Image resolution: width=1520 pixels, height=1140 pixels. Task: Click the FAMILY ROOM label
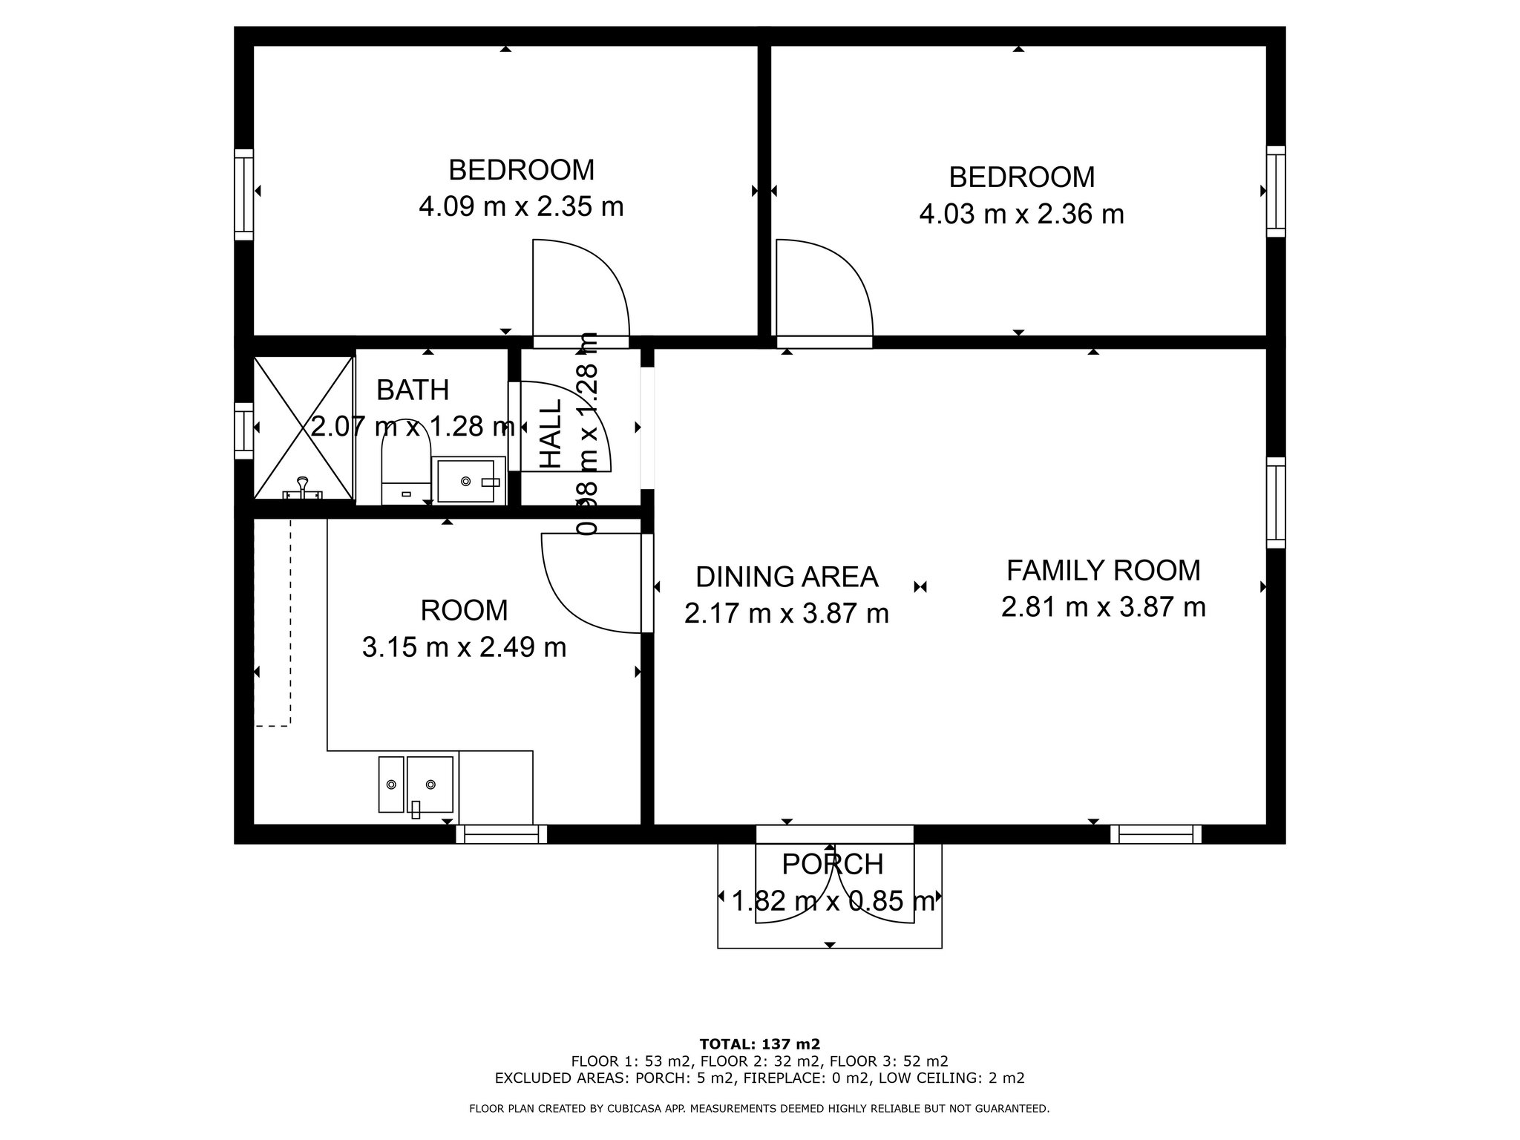tap(1103, 571)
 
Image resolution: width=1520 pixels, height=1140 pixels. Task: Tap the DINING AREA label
tap(787, 577)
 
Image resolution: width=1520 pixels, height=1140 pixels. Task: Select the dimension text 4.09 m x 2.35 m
tap(521, 206)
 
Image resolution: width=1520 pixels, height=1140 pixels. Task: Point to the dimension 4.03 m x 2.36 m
tap(1022, 214)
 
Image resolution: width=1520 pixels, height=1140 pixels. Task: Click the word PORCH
tap(833, 865)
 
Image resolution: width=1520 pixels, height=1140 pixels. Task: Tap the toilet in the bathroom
tap(406, 462)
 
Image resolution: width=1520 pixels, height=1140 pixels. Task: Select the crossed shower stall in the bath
tap(303, 427)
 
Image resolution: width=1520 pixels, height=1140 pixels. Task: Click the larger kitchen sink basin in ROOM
tap(430, 784)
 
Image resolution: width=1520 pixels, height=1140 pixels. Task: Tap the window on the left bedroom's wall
tap(244, 194)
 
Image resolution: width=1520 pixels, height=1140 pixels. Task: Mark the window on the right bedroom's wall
tap(1276, 191)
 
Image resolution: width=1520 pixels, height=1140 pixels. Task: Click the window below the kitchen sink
tap(502, 834)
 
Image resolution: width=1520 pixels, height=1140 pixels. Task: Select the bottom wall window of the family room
tap(1156, 834)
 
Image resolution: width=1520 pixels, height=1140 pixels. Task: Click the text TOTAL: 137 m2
tap(760, 1044)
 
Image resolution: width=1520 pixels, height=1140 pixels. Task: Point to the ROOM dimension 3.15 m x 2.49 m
tap(464, 648)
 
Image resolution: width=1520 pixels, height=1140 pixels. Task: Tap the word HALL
tap(551, 434)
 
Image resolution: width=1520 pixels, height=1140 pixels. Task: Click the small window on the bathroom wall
tap(244, 431)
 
